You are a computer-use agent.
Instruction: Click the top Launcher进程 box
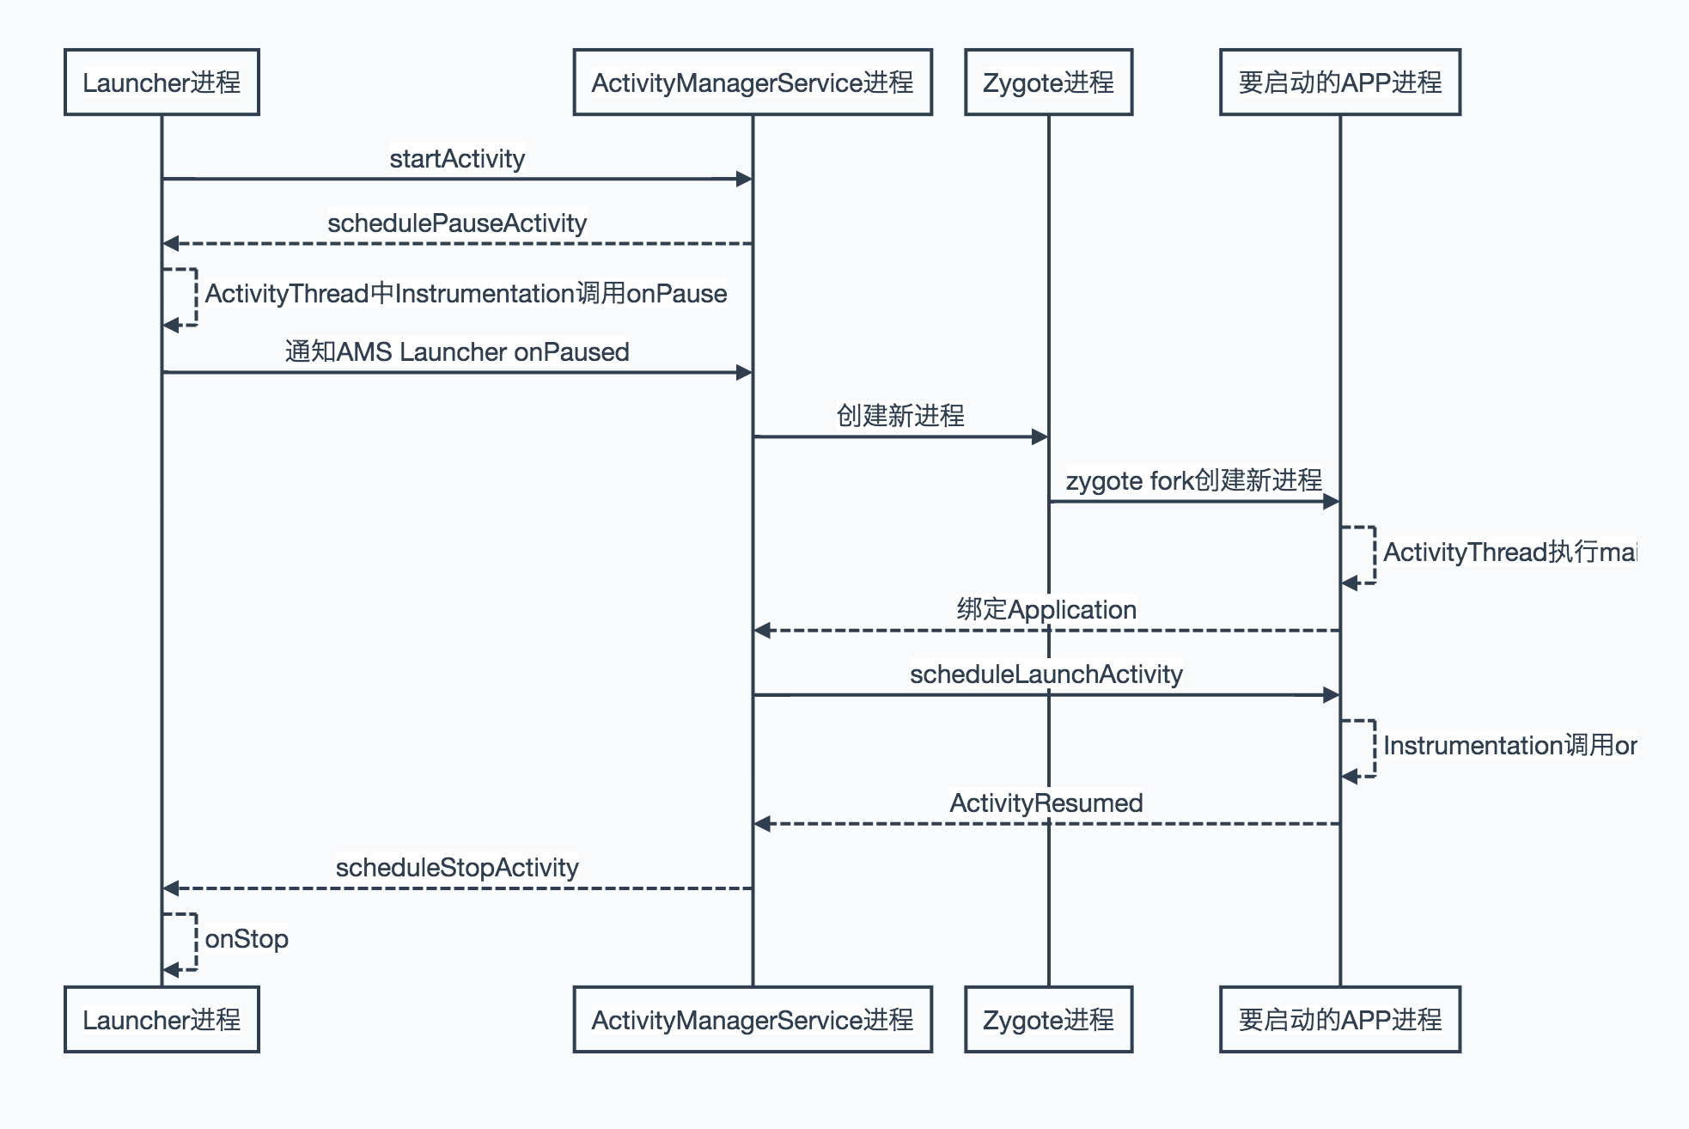pyautogui.click(x=162, y=82)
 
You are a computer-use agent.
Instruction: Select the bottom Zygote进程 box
pyautogui.click(x=1048, y=1020)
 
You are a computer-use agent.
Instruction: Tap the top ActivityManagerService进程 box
pyautogui.click(x=753, y=82)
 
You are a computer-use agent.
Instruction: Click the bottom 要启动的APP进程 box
pyautogui.click(x=1339, y=1020)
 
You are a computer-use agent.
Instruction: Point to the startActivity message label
pyautogui.click(x=457, y=159)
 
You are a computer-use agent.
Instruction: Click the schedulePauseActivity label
pyautogui.click(x=457, y=223)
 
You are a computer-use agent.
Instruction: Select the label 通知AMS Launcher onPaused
pyautogui.click(x=457, y=352)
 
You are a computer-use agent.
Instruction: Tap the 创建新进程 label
pyautogui.click(x=900, y=416)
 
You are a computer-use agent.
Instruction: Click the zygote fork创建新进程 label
pyautogui.click(x=1193, y=480)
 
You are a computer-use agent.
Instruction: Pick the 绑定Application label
pyautogui.click(x=1046, y=610)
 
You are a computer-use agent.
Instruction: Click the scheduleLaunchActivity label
pyautogui.click(x=1046, y=674)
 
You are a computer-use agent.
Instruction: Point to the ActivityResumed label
pyautogui.click(x=1046, y=803)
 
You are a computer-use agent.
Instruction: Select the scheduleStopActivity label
pyautogui.click(x=457, y=868)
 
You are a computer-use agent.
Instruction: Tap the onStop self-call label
pyautogui.click(x=247, y=939)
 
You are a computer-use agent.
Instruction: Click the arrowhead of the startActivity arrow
pyautogui.click(x=745, y=179)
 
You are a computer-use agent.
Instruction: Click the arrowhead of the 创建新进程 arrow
pyautogui.click(x=1040, y=436)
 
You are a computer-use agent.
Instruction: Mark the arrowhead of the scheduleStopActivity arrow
pyautogui.click(x=171, y=888)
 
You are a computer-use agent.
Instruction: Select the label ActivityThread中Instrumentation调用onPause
pyautogui.click(x=466, y=294)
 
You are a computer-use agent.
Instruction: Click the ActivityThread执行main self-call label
pyautogui.click(x=1509, y=552)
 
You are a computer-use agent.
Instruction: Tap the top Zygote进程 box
pyautogui.click(x=1048, y=82)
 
